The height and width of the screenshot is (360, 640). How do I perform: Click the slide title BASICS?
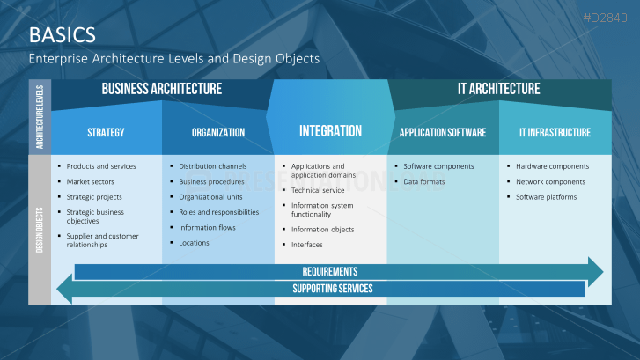pyautogui.click(x=63, y=35)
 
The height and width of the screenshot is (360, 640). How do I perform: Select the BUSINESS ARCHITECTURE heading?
pyautogui.click(x=161, y=89)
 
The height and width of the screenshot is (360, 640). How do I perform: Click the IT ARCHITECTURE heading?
pyautogui.click(x=498, y=89)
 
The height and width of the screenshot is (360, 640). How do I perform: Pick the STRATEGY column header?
pyautogui.click(x=106, y=133)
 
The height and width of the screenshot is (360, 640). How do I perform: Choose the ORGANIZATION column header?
pyautogui.click(x=217, y=133)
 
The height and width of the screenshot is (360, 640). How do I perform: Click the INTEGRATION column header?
pyautogui.click(x=330, y=131)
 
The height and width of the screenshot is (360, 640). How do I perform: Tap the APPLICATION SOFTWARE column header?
pyautogui.click(x=442, y=133)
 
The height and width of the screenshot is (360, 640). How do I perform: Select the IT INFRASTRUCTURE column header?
pyautogui.click(x=555, y=133)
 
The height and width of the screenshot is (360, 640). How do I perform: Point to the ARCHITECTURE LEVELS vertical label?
pyautogui.click(x=40, y=117)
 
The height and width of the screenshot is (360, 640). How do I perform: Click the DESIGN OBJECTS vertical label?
pyautogui.click(x=40, y=229)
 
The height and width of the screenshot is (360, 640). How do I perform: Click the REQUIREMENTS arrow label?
pyautogui.click(x=330, y=272)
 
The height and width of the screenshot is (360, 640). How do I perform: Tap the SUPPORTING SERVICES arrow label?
pyautogui.click(x=332, y=289)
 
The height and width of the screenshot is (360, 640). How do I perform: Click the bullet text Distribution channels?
pyautogui.click(x=212, y=166)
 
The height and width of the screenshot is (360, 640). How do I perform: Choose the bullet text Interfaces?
pyautogui.click(x=307, y=245)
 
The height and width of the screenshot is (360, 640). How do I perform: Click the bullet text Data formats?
pyautogui.click(x=424, y=181)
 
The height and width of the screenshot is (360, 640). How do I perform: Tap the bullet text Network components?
pyautogui.click(x=550, y=181)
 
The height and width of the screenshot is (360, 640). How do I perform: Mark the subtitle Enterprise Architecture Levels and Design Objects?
pyautogui.click(x=173, y=58)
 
